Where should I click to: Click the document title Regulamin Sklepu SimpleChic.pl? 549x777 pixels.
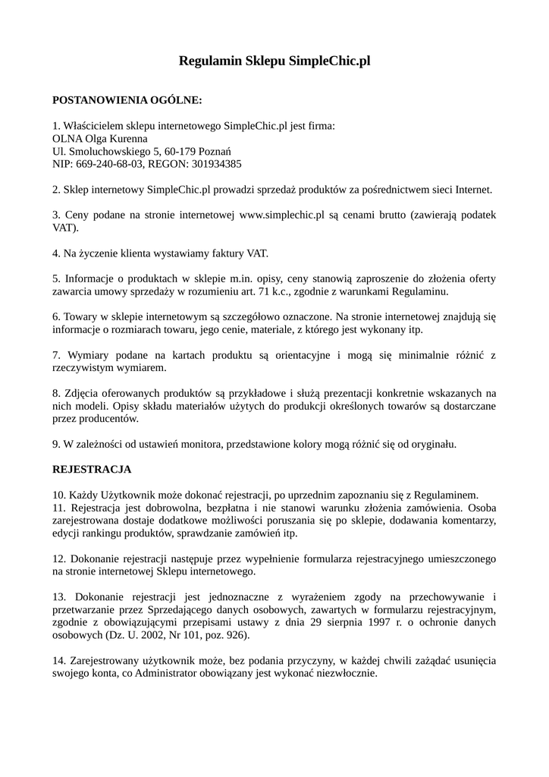click(x=274, y=61)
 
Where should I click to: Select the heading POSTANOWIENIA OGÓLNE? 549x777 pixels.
click(x=127, y=99)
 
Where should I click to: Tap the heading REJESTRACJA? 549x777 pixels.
click(x=92, y=469)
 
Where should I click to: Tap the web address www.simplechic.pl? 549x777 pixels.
click(x=282, y=215)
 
